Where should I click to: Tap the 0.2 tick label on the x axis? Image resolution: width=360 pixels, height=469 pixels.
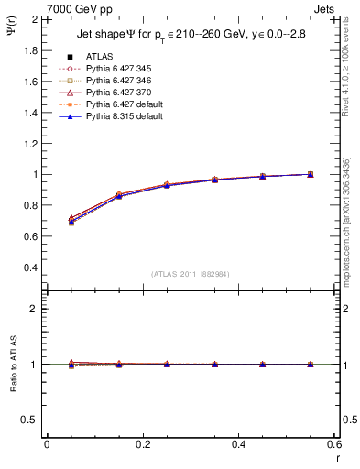click(142, 445)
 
